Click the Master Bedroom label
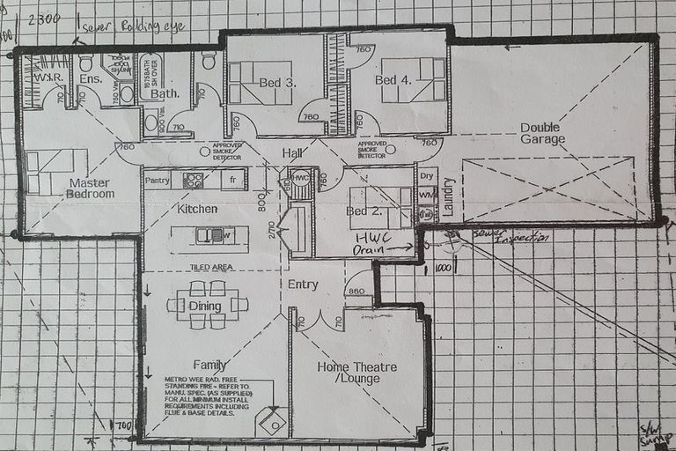(92, 188)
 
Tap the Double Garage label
(540, 133)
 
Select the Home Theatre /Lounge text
(356, 373)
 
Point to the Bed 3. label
(276, 82)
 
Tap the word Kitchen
(197, 210)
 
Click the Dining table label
(204, 306)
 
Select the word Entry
(303, 285)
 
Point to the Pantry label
(157, 181)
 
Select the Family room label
(210, 365)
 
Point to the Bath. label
(165, 92)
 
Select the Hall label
(292, 154)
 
